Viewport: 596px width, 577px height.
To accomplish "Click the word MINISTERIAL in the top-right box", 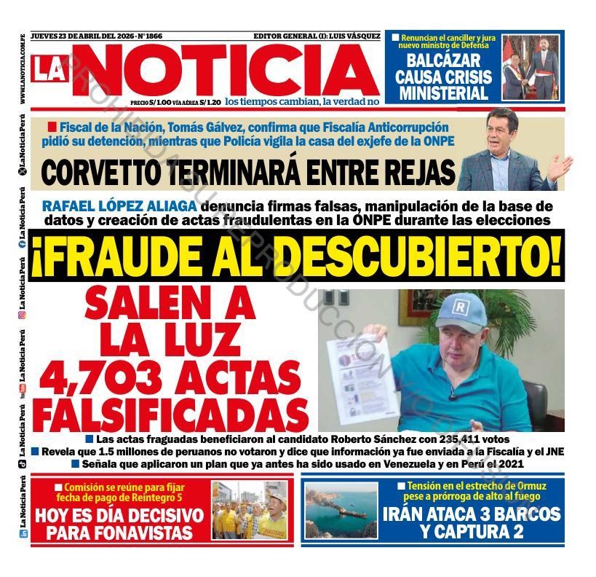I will tap(443, 93).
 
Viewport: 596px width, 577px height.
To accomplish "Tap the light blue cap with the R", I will tap(461, 310).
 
